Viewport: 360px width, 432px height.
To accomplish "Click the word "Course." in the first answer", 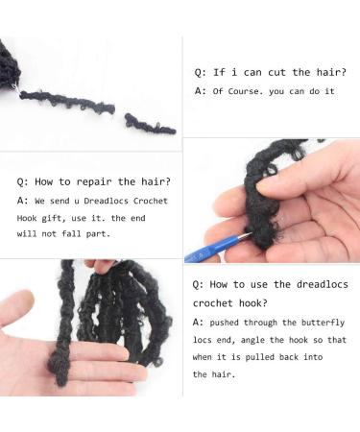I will pyautogui.click(x=249, y=91).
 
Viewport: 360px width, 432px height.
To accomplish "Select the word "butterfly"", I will pyautogui.click(x=324, y=323).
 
